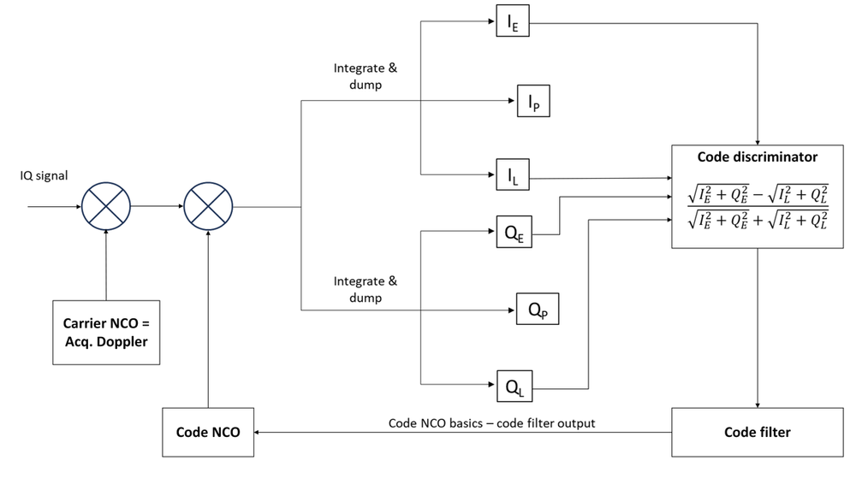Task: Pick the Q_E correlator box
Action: [511, 232]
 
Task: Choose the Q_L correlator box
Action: [511, 387]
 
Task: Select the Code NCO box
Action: [208, 433]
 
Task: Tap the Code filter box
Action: [757, 433]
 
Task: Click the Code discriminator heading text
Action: [757, 157]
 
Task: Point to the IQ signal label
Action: [45, 177]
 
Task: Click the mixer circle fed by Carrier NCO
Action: [104, 206]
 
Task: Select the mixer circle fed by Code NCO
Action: [208, 206]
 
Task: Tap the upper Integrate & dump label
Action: [366, 74]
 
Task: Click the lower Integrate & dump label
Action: [366, 288]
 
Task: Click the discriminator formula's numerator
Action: [757, 192]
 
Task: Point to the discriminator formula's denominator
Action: [757, 221]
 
